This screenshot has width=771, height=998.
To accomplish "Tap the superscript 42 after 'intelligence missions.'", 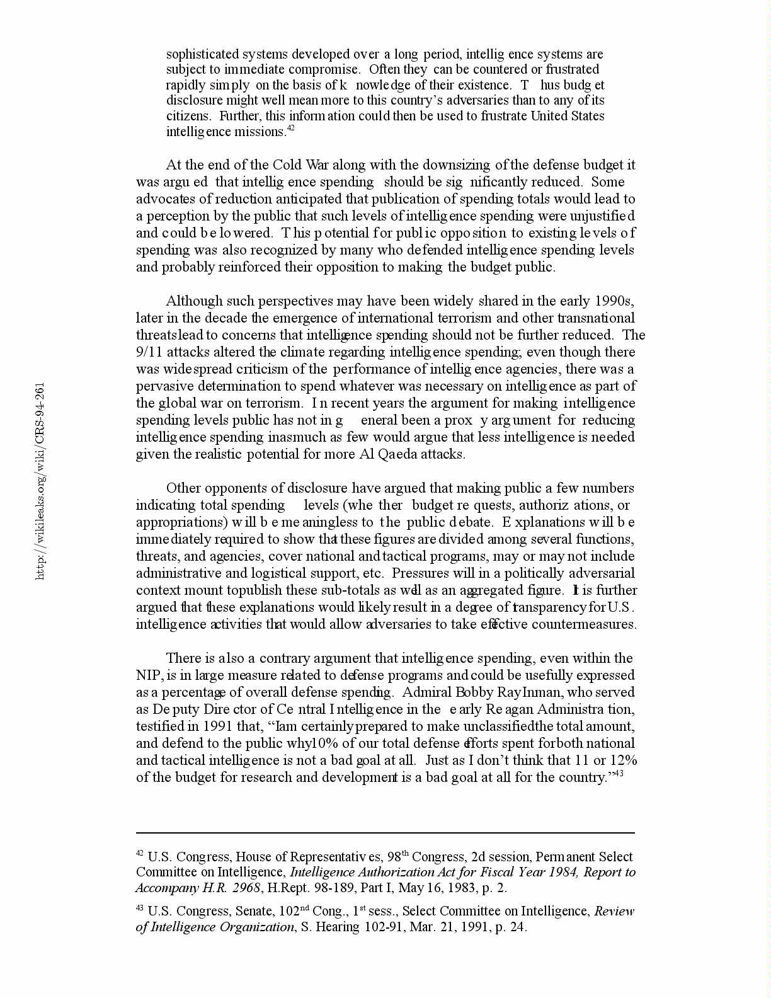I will [290, 129].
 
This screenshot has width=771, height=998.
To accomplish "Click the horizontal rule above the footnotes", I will [385, 832].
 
